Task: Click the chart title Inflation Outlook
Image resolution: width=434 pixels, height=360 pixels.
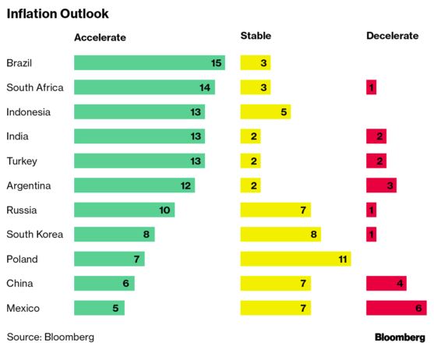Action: point(58,14)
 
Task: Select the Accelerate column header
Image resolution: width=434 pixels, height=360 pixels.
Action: point(100,37)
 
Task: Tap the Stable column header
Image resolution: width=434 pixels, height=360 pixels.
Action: point(256,36)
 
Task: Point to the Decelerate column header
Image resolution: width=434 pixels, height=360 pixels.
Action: point(392,36)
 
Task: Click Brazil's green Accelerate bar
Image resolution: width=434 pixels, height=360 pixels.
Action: point(150,63)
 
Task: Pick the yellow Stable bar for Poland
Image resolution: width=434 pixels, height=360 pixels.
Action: point(295,259)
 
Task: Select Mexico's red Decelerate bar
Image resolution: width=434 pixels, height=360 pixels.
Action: point(397,308)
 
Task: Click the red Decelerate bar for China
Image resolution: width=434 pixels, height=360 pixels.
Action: point(386,284)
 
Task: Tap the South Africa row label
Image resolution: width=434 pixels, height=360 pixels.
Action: point(35,87)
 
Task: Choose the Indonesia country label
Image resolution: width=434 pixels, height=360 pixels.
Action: point(29,112)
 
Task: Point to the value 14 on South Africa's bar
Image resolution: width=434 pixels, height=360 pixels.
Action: point(205,88)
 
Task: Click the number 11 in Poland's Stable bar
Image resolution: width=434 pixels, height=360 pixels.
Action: point(343,259)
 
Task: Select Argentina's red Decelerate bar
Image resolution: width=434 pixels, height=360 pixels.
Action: point(382,185)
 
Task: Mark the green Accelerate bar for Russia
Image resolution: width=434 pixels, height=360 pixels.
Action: point(124,210)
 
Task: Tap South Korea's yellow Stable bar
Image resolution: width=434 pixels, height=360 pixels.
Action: point(281,235)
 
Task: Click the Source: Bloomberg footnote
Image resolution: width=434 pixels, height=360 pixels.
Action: point(51,337)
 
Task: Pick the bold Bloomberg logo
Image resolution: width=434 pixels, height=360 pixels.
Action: point(400,337)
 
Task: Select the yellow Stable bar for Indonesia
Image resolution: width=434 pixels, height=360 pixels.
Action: point(266,111)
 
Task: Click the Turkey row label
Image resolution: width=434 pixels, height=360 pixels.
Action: point(22,161)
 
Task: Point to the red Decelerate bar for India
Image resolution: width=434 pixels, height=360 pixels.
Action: point(376,136)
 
